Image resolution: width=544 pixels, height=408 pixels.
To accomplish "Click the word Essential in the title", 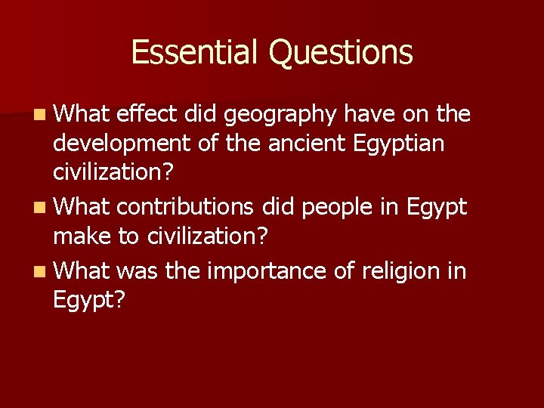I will [195, 52].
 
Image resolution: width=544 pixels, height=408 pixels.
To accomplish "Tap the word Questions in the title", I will [340, 52].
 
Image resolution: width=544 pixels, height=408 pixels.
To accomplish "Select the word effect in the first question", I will [144, 114].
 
